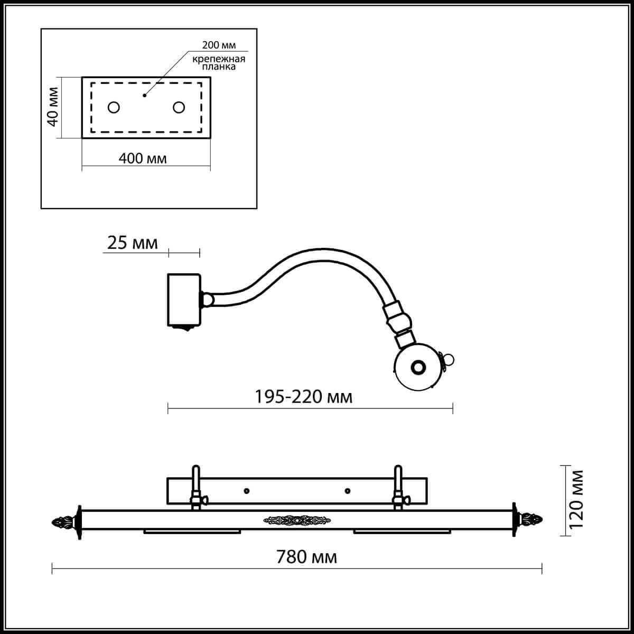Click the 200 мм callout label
219,45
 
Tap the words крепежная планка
219,63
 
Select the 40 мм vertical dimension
53,107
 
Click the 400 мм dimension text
143,159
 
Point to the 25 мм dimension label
132,244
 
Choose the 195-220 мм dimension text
304,397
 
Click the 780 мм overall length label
306,557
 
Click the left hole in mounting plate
114,107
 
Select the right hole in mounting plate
179,107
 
